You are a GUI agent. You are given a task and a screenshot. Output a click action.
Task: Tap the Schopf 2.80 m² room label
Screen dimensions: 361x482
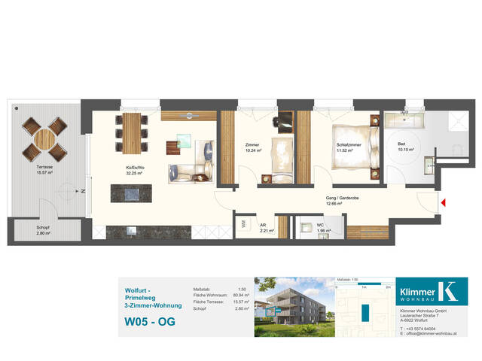44,231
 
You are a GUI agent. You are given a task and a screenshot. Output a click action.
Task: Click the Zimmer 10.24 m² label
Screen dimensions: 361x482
253,148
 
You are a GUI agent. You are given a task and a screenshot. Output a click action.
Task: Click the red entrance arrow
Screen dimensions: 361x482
444,202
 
